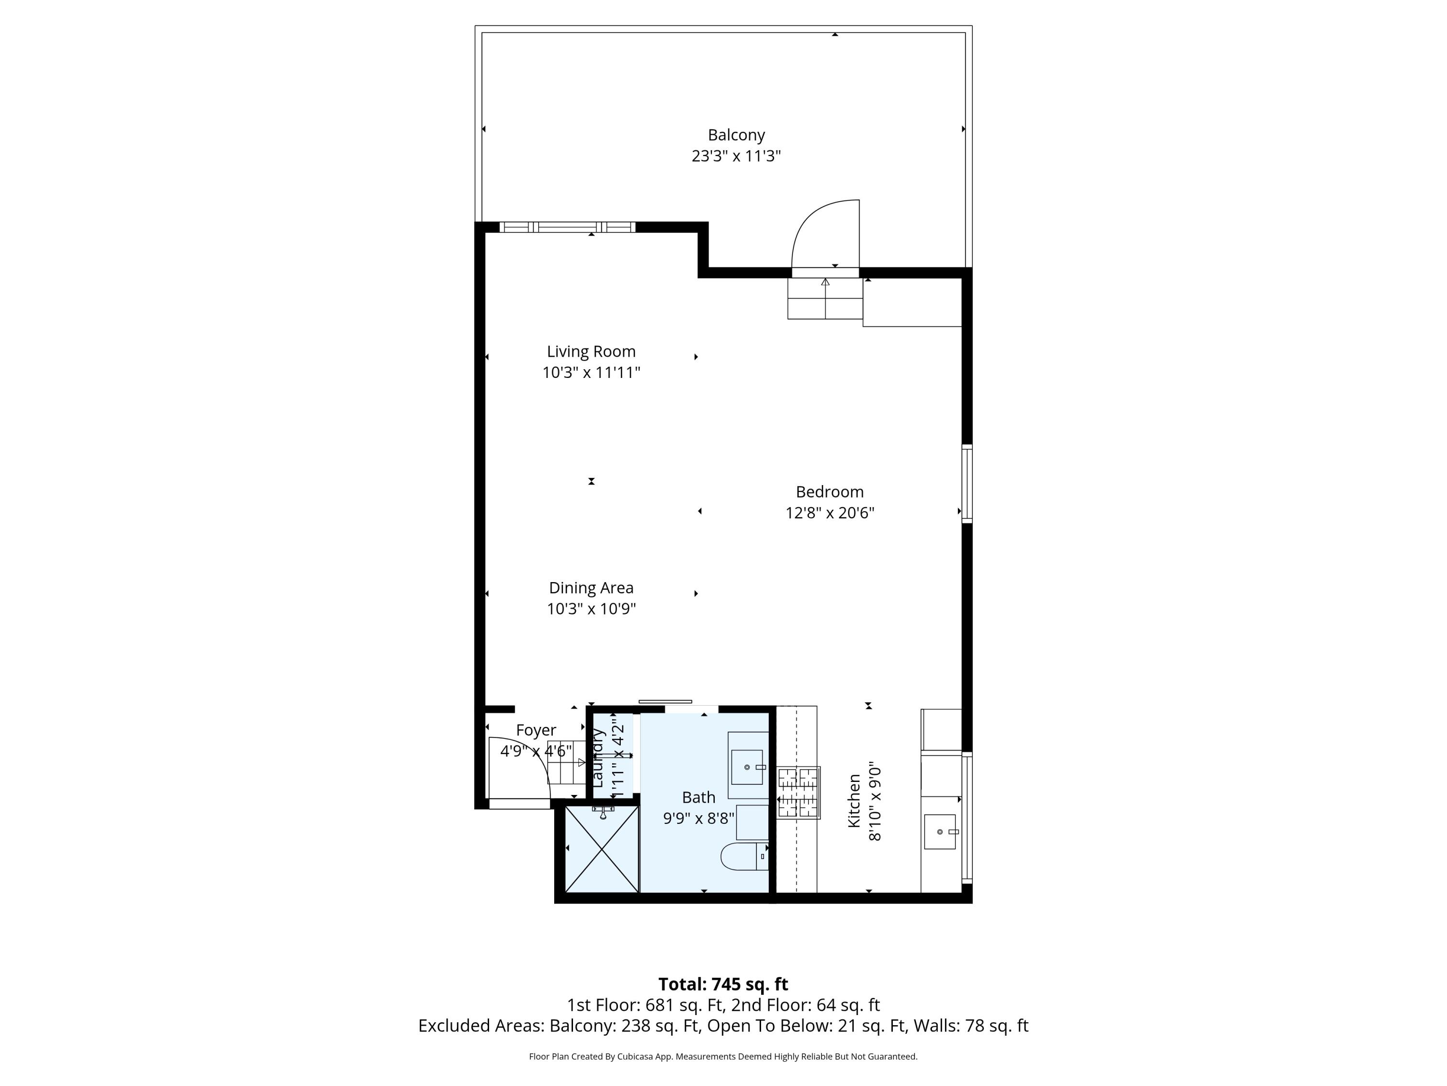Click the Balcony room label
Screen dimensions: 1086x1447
coord(736,135)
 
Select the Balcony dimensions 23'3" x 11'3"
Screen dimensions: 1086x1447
coord(736,156)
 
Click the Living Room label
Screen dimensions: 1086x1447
coord(591,351)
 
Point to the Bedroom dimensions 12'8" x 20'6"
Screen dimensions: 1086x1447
coord(830,513)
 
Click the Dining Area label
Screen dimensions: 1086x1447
coord(591,588)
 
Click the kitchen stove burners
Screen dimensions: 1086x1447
coord(798,793)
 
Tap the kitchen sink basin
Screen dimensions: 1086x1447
coord(940,831)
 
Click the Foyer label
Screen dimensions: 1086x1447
coord(536,730)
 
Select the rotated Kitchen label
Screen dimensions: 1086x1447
coord(854,801)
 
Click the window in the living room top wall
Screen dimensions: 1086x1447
coord(567,227)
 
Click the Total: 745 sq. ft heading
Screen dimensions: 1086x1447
coord(723,984)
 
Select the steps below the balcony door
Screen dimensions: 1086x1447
coord(825,298)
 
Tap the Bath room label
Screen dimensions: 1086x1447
coord(698,797)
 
